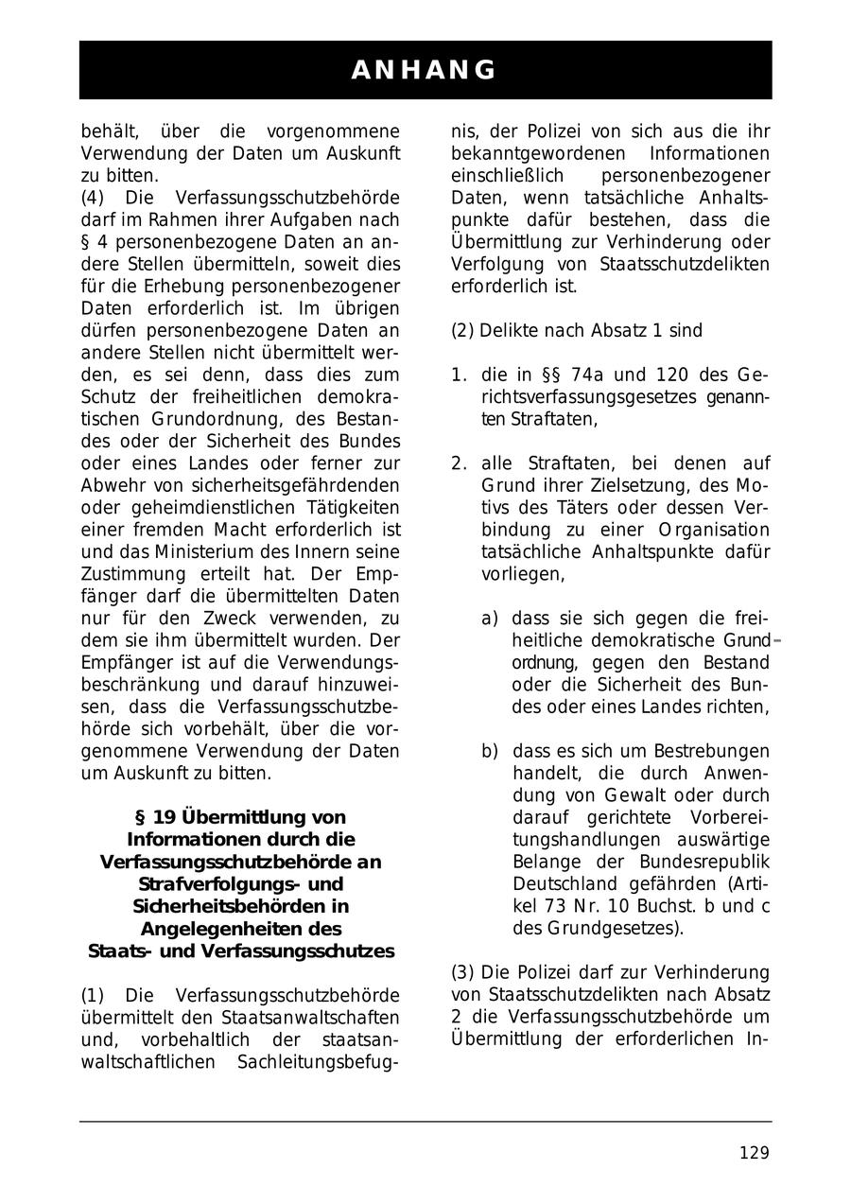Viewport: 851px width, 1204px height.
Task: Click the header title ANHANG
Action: (x=425, y=70)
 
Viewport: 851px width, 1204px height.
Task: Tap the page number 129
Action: (x=754, y=1152)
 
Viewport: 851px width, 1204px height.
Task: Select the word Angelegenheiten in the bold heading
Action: (x=241, y=929)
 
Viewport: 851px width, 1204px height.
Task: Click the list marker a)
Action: (x=490, y=619)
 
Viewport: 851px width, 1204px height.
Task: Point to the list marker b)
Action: (x=490, y=752)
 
